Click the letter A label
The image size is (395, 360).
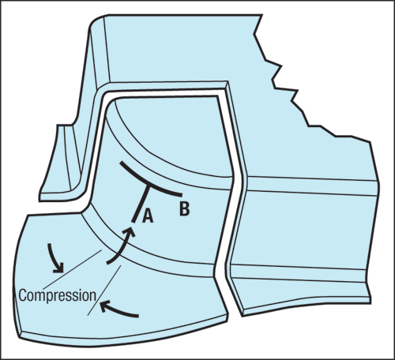tap(148, 216)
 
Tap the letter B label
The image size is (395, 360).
tap(185, 208)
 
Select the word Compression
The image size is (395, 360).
tap(58, 296)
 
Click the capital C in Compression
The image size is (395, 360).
tap(23, 295)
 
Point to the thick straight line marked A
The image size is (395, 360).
tap(141, 204)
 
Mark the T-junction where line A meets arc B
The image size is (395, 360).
tap(149, 186)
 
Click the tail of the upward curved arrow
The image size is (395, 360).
tap(107, 262)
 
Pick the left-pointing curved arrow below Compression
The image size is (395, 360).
tap(118, 310)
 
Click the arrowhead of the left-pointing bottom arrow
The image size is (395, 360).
tap(104, 306)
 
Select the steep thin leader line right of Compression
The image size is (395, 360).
tap(104, 291)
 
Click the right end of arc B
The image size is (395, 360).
tap(181, 195)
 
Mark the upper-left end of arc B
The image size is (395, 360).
tap(121, 163)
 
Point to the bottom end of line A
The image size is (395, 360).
tap(134, 222)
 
